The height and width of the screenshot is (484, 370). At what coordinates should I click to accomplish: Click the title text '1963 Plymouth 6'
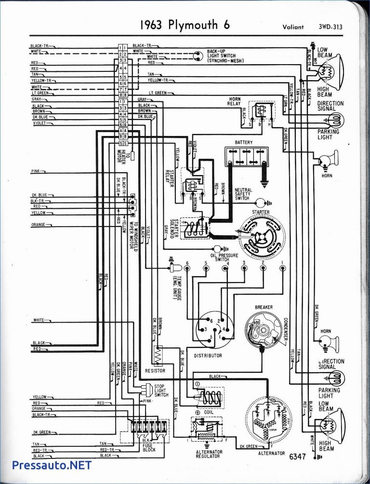(x=179, y=25)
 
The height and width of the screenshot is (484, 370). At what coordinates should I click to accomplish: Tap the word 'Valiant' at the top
(x=293, y=27)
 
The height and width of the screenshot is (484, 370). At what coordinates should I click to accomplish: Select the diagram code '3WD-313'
(x=330, y=27)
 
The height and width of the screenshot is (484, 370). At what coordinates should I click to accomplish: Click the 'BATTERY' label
(x=244, y=143)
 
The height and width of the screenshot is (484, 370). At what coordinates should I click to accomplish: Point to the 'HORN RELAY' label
(x=235, y=102)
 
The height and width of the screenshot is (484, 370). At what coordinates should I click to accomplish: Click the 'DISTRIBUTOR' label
(x=208, y=355)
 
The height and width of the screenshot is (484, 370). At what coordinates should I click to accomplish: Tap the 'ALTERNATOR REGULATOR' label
(x=209, y=455)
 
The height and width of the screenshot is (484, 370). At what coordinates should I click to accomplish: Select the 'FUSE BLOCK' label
(x=148, y=448)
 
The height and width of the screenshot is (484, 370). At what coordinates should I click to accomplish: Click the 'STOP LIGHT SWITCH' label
(x=161, y=390)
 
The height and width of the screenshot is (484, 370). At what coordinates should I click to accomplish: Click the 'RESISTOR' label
(x=155, y=371)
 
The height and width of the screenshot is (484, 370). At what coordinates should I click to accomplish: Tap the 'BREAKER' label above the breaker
(x=264, y=307)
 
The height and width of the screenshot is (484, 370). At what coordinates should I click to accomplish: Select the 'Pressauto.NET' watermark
(x=52, y=465)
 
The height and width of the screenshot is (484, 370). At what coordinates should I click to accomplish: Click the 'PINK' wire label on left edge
(x=36, y=171)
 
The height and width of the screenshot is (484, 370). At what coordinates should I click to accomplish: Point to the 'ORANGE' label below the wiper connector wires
(x=38, y=225)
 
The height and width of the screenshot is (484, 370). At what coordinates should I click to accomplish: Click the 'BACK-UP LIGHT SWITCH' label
(x=225, y=55)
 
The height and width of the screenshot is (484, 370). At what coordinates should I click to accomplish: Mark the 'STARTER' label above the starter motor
(x=261, y=212)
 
